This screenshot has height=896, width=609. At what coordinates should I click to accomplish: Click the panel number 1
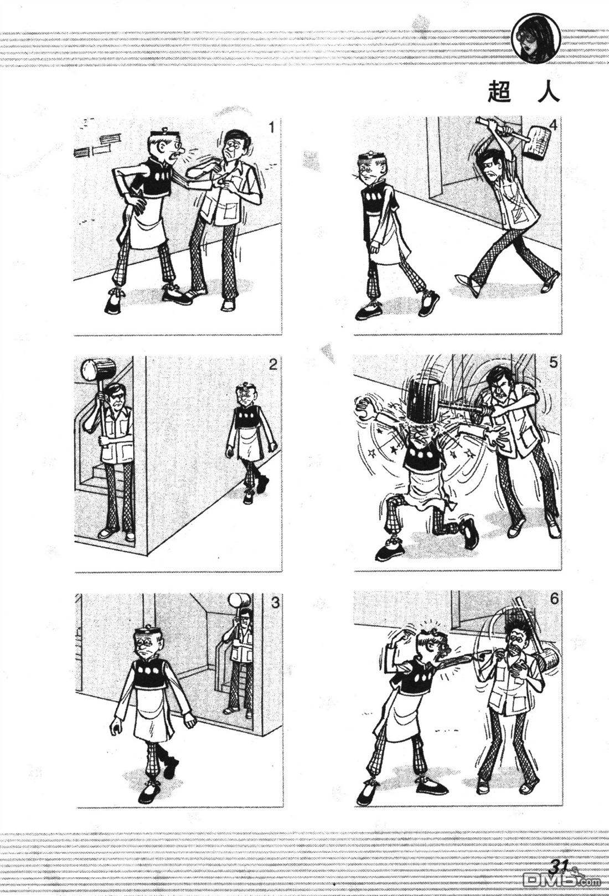272,127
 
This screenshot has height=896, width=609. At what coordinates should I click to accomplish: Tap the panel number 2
273,364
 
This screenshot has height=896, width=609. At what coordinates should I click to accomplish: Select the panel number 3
275,603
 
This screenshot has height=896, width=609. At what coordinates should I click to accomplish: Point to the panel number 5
553,363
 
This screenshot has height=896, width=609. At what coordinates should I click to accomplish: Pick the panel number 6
554,599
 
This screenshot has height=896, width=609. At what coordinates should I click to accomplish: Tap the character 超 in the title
499,93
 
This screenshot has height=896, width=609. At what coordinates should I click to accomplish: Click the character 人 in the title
548,93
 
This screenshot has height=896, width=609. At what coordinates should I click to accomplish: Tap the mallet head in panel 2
99,369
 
